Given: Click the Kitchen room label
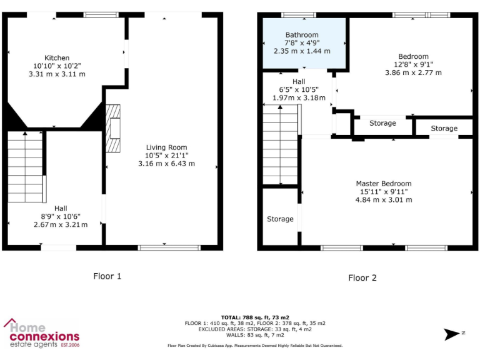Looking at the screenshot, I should point(57,57).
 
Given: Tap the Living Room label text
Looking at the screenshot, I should point(166,147).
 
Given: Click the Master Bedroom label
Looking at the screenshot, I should point(384,184).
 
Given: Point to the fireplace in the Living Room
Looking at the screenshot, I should point(114,128).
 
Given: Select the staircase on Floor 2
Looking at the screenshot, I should point(281,145).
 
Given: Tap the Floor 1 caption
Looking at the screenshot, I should point(107,276).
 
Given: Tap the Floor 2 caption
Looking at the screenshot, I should point(362,278).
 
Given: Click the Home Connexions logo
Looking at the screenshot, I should point(42,333).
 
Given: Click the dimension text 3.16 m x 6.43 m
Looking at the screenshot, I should point(166,164).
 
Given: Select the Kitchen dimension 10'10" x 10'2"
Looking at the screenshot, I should point(57,66).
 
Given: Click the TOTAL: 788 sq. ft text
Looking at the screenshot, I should point(255,317).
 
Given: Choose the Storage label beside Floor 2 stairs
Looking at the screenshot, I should point(280,219).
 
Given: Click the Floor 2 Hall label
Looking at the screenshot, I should point(299,81).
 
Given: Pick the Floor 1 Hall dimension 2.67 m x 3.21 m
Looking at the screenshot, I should point(61,224).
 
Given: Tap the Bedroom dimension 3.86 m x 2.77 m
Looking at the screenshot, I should point(413,72).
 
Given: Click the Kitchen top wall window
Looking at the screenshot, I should point(101,14).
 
